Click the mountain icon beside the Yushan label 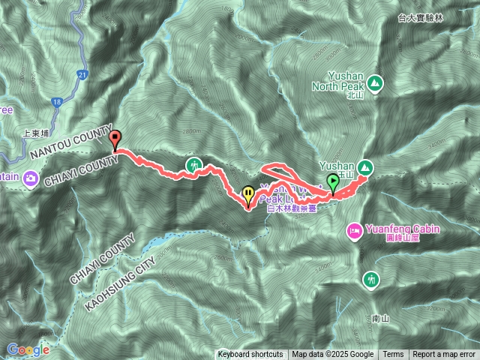coord(365,166)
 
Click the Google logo coord(28,349)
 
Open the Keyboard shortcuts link coord(250,355)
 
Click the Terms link coord(393,355)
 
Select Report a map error coord(444,355)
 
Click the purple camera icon coord(31,178)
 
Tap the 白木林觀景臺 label coord(292,209)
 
